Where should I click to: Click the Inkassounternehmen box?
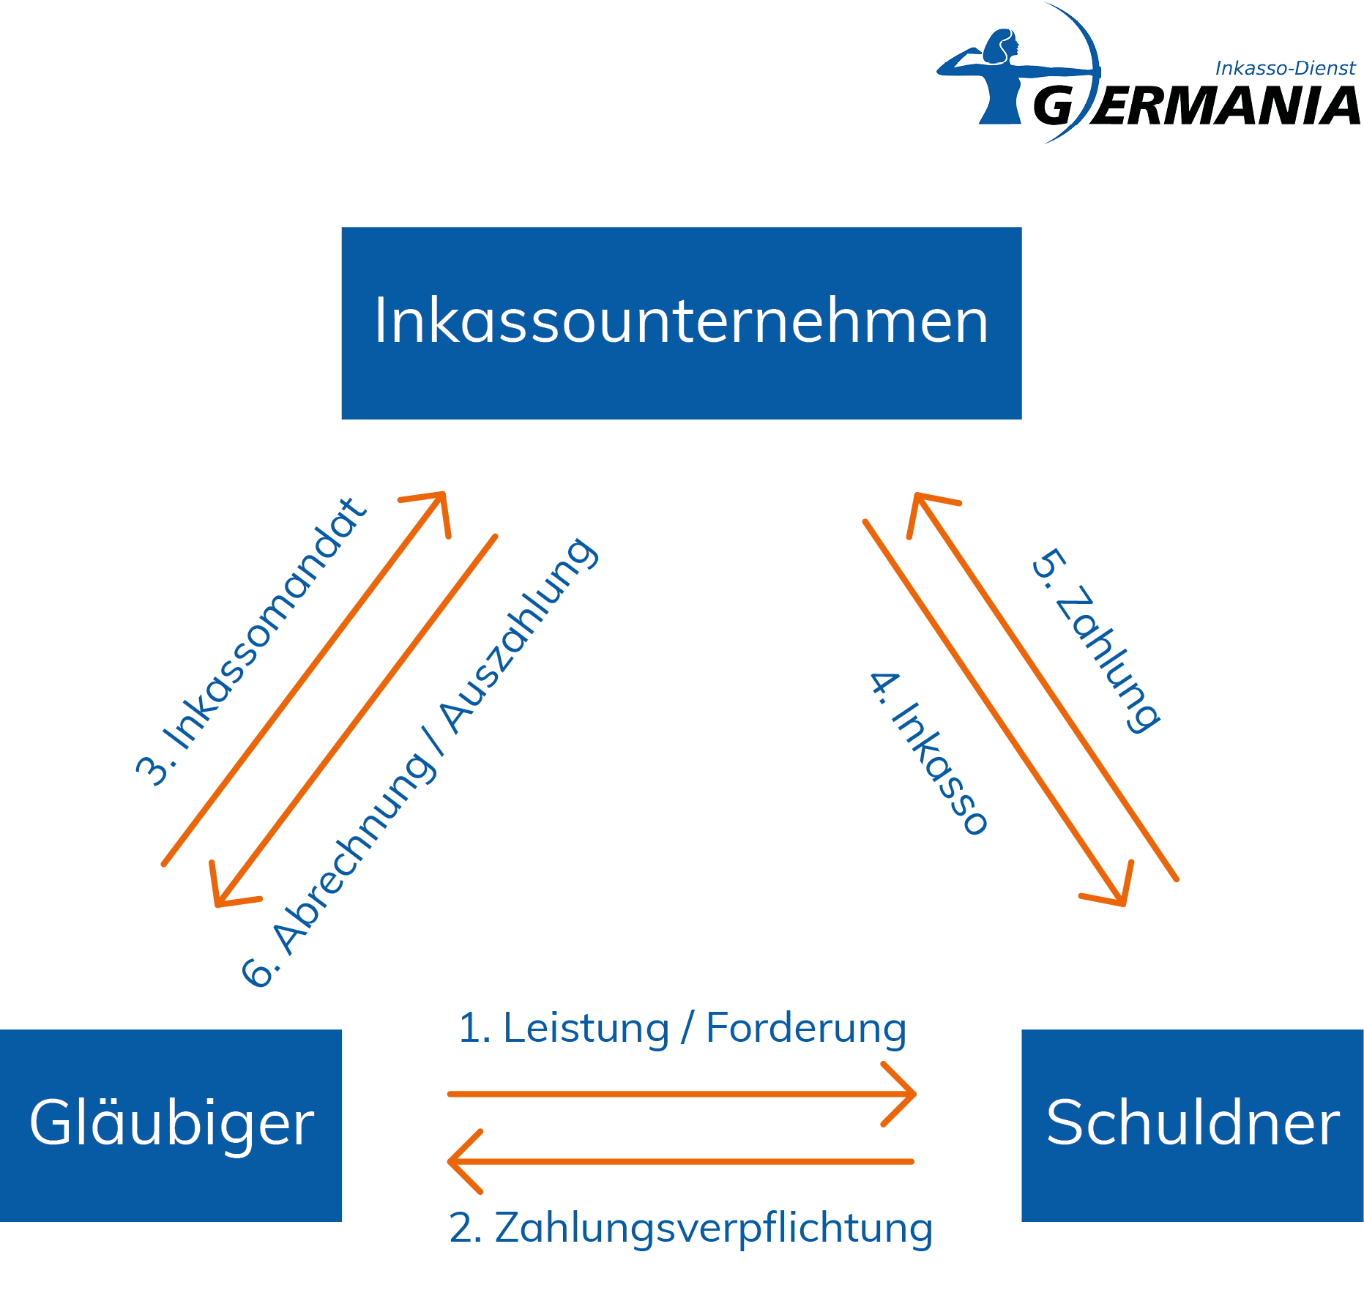[x=681, y=323]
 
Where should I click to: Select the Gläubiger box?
[x=171, y=1125]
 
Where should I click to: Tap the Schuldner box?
[x=1192, y=1125]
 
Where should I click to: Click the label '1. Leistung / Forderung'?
[x=682, y=1028]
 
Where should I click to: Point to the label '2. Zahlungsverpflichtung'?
[x=690, y=1228]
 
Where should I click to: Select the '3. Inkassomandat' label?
[x=250, y=642]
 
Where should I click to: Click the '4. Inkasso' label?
[x=928, y=753]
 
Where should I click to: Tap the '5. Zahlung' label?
[x=1095, y=641]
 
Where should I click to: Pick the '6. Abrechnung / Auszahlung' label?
[x=420, y=762]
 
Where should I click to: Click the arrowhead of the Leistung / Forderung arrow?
[x=908, y=1094]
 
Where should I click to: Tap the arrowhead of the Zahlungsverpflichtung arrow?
[x=457, y=1161]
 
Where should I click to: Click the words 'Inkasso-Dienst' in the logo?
[x=1285, y=68]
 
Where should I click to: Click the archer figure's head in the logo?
[x=1002, y=45]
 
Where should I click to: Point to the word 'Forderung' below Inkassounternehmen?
[x=805, y=1028]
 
